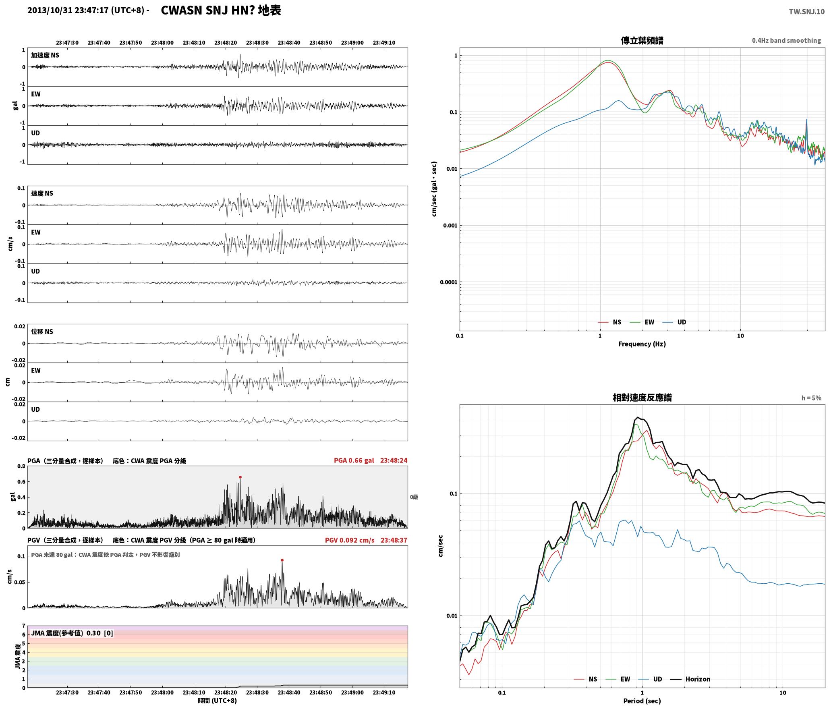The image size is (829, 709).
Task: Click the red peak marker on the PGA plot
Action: point(240,477)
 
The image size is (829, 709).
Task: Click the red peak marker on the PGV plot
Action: point(282,560)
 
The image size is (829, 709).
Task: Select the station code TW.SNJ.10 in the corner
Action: point(806,12)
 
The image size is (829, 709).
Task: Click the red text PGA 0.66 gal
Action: point(354,460)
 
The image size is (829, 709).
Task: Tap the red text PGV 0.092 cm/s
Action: point(349,540)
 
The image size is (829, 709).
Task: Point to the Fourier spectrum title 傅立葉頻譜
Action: point(642,41)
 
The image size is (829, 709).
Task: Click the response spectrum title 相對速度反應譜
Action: point(642,398)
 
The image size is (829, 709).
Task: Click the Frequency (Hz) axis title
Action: point(642,344)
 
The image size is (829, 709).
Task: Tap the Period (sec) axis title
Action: point(642,701)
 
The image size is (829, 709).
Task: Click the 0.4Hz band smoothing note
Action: point(786,40)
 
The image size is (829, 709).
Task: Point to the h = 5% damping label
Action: point(811,398)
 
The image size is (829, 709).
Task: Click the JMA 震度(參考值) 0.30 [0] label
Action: point(72,633)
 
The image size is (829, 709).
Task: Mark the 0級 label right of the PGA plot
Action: point(414,497)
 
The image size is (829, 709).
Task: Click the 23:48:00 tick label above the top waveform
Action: point(162,43)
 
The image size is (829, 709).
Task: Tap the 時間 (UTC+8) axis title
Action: point(217,701)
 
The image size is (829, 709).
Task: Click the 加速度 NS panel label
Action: point(45,55)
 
